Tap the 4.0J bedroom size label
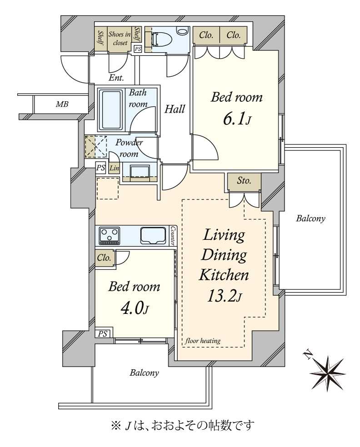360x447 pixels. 135,308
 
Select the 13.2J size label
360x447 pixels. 224,297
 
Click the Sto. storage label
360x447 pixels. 244,180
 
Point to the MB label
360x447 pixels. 62,104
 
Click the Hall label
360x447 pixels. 175,109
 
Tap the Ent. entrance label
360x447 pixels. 116,78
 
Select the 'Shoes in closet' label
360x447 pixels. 120,39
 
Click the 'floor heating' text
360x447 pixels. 203,340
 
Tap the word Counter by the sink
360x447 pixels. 172,236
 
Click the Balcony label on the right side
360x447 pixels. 310,219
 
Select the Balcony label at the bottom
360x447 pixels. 145,372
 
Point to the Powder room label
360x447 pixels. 129,148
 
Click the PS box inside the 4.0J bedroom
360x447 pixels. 103,333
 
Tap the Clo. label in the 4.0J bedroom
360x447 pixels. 104,258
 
